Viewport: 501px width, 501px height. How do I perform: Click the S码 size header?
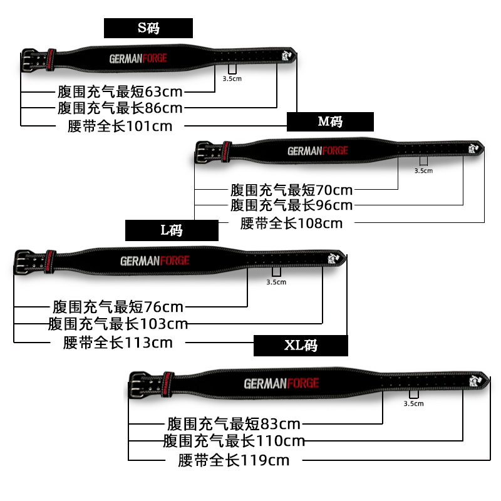click(x=148, y=28)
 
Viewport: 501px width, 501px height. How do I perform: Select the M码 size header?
click(x=330, y=121)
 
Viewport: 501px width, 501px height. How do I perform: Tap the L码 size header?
click(x=172, y=230)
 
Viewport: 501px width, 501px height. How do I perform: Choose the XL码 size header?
click(x=301, y=346)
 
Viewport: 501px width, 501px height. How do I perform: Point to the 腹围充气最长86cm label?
click(x=120, y=108)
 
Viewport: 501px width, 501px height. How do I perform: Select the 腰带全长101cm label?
click(x=120, y=125)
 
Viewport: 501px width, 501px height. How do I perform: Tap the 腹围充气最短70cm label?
click(x=292, y=189)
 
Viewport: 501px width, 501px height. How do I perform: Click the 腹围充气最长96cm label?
click(x=292, y=205)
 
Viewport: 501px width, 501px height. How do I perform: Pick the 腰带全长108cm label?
click(x=292, y=223)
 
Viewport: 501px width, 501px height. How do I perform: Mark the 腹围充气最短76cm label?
click(x=118, y=307)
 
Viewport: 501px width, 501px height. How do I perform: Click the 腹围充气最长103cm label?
click(x=118, y=324)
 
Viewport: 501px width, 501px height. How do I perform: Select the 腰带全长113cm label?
click(x=118, y=343)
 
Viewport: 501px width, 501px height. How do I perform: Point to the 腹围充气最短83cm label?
click(x=234, y=424)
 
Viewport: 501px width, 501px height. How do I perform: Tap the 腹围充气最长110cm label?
click(x=234, y=441)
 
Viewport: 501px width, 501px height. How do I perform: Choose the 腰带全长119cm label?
click(x=234, y=461)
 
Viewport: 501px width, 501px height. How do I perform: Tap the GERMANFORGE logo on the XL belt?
click(x=281, y=383)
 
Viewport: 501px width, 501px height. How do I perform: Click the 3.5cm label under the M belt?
click(x=423, y=170)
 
